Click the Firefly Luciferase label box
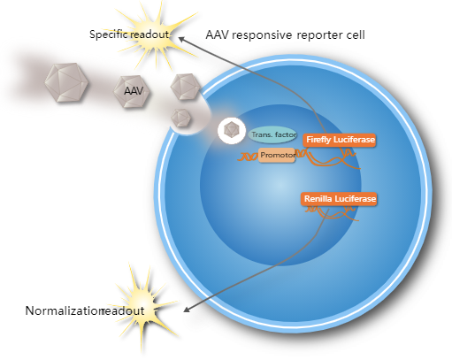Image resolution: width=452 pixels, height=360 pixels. pyautogui.click(x=341, y=140)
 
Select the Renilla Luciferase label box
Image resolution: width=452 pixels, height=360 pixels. pyautogui.click(x=341, y=200)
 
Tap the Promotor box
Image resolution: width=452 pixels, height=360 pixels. pyautogui.click(x=277, y=155)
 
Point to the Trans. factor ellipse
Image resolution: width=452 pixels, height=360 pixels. pyautogui.click(x=272, y=134)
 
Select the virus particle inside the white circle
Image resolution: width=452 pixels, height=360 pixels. pyautogui.click(x=232, y=132)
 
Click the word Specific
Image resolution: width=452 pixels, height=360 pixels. pyautogui.click(x=108, y=34)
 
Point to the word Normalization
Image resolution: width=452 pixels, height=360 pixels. pyautogui.click(x=64, y=311)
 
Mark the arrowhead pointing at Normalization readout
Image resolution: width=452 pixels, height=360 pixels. pyautogui.click(x=185, y=310)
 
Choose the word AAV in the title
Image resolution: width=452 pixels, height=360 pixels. pyautogui.click(x=218, y=35)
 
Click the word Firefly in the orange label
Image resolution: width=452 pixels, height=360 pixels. pyautogui.click(x=320, y=140)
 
